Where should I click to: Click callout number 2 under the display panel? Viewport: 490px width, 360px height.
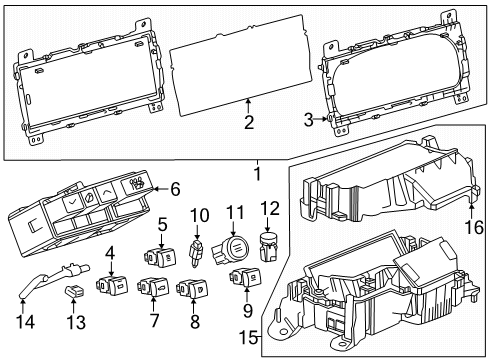(249, 123)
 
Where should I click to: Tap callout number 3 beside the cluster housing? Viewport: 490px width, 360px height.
(309, 120)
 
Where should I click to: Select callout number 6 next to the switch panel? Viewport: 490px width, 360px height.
(175, 189)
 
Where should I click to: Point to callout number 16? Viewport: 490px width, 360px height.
(474, 228)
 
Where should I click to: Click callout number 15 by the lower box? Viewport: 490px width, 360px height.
(249, 338)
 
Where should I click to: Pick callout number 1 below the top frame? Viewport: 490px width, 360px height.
(257, 174)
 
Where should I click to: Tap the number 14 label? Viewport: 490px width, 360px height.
(25, 322)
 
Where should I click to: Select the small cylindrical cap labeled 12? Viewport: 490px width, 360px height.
(269, 247)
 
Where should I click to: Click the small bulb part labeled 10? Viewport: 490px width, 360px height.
(196, 253)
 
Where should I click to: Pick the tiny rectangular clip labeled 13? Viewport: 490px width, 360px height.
(74, 291)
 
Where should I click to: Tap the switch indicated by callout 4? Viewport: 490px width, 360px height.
(112, 284)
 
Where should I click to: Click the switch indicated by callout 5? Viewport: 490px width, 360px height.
(160, 257)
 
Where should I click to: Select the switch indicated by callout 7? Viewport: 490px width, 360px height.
(153, 287)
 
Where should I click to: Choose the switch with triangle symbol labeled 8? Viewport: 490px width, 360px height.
(193, 288)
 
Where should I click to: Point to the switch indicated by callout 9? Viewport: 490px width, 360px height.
(245, 277)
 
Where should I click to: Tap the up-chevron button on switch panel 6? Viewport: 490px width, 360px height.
(106, 192)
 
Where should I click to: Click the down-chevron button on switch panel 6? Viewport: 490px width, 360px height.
(71, 201)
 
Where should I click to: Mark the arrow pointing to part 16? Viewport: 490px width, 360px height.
(471, 212)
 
